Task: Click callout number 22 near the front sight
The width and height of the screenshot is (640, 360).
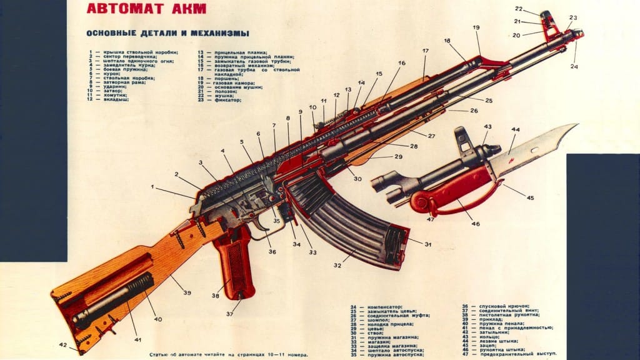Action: pos(519,9)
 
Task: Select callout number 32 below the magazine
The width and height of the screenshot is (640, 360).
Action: pos(337,266)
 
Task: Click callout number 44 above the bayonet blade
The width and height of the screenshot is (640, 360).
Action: pos(516,130)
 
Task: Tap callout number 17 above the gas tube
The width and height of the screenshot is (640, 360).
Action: pos(425,51)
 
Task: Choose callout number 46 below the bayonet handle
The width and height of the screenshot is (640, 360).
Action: pos(476,223)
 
